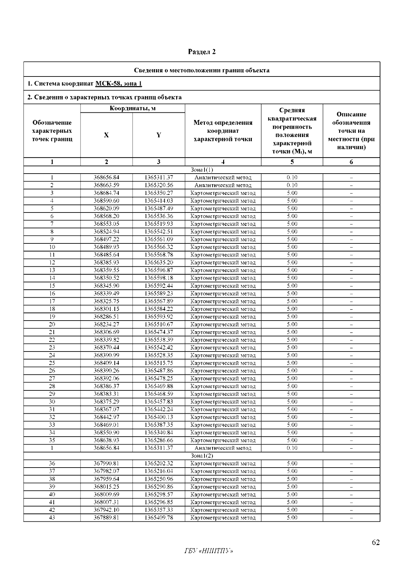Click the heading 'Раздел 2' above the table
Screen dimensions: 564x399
click(x=202, y=52)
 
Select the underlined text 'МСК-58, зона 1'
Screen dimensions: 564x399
click(x=118, y=83)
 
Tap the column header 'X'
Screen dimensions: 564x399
click(x=106, y=135)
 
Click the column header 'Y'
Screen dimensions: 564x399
click(x=159, y=135)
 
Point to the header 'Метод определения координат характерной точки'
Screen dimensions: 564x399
click(x=223, y=131)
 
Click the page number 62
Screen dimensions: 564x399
click(x=376, y=542)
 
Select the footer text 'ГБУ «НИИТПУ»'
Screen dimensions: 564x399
click(x=208, y=551)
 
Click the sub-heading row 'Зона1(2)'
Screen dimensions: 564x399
click(x=202, y=456)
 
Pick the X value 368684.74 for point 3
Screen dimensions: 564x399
click(x=106, y=193)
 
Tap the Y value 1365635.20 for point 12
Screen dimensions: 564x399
click(x=159, y=262)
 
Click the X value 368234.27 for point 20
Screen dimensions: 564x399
click(x=106, y=324)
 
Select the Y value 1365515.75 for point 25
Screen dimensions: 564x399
click(x=159, y=363)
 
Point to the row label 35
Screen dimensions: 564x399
click(x=52, y=440)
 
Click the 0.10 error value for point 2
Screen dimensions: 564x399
click(x=292, y=185)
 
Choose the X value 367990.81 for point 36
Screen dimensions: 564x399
click(x=106, y=463)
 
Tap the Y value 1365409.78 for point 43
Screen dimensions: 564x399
click(x=159, y=517)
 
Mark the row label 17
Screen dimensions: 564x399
click(x=52, y=301)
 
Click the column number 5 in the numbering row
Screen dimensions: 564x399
click(x=292, y=162)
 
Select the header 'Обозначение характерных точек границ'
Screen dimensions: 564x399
click(x=52, y=131)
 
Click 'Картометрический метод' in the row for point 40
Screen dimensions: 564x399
click(x=223, y=494)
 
